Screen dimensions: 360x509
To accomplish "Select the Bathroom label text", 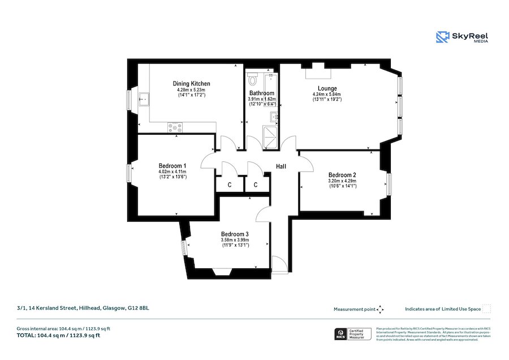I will click(x=261, y=93).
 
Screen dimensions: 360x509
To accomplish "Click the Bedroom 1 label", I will click(x=172, y=166).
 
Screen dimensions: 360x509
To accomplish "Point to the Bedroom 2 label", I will click(x=342, y=175).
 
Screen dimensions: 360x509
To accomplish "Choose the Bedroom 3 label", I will click(x=235, y=234).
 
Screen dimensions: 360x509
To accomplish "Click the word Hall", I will click(x=282, y=166).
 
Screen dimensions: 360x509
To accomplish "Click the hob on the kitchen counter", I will click(x=175, y=128).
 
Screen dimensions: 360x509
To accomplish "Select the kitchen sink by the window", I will click(x=143, y=100).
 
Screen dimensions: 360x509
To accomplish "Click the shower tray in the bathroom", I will click(x=270, y=139).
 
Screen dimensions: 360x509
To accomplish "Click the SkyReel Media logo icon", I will click(x=442, y=37).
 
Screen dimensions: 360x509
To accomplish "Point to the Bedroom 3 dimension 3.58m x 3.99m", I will click(x=235, y=241).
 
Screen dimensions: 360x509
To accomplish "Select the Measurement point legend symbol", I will click(x=381, y=309).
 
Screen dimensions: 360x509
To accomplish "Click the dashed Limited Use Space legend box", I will click(x=486, y=308).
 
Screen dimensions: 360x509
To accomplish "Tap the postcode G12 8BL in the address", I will click(x=139, y=308).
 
